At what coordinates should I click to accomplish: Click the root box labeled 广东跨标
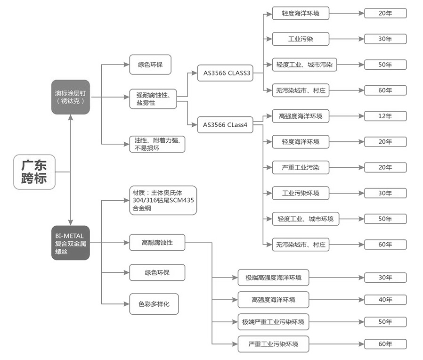[x=34, y=172]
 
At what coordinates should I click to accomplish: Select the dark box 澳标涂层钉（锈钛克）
[x=70, y=97]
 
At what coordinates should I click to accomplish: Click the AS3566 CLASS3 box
[x=227, y=73]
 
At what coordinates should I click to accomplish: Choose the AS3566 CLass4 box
[x=225, y=125]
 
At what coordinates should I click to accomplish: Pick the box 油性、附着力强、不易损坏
[x=157, y=144]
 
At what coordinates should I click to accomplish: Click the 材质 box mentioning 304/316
[x=163, y=200]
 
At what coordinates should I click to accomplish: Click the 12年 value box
[x=385, y=116]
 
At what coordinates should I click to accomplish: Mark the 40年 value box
[x=385, y=300]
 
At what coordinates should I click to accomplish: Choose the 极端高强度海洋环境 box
[x=273, y=278]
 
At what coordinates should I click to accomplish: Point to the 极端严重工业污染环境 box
[x=273, y=322]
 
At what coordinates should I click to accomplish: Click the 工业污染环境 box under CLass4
[x=300, y=193]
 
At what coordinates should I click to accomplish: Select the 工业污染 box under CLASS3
[x=300, y=39]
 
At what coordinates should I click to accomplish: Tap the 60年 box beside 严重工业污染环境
[x=385, y=344]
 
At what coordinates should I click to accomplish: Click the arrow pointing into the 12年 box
[x=360, y=116]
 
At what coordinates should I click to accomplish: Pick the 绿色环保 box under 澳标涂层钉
[x=150, y=65]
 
